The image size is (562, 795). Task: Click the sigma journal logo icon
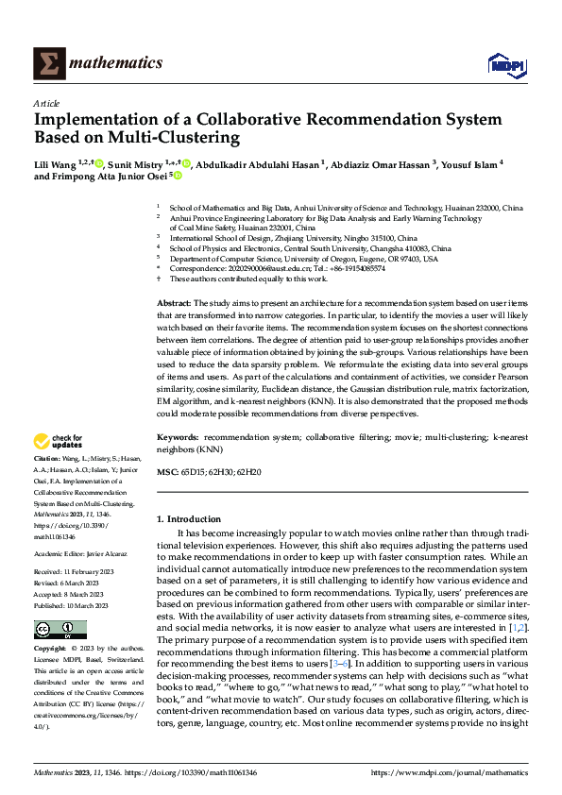pyautogui.click(x=47, y=63)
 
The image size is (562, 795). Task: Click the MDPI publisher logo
pyautogui.click(x=505, y=64)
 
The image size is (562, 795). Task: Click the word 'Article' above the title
pyautogui.click(x=46, y=103)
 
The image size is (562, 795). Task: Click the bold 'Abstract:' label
pyautogui.click(x=174, y=300)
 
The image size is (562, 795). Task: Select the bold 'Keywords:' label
pyautogui.click(x=178, y=438)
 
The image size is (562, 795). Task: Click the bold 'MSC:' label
pyautogui.click(x=166, y=470)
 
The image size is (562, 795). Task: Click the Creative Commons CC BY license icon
pyautogui.click(x=60, y=603)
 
